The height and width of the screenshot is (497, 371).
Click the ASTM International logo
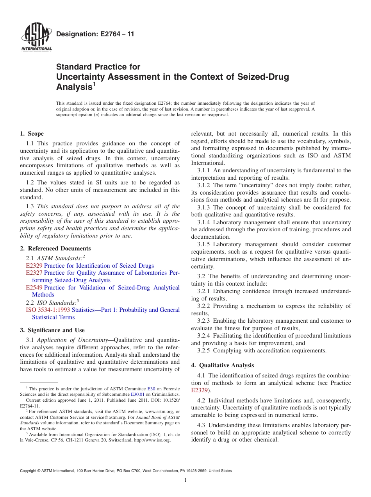pos(36,37)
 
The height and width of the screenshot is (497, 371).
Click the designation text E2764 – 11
pos(95,34)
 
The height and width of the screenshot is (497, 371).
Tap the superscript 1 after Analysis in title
pos(94,84)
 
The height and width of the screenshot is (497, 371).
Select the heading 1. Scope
pos(32,134)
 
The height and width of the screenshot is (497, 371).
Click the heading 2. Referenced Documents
pos(55,248)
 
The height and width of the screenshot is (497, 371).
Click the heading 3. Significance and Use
pos(52,330)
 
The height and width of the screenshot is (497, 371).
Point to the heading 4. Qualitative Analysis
pos(223,365)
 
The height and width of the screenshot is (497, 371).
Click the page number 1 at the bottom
pos(185,480)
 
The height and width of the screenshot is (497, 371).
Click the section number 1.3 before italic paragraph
pos(30,206)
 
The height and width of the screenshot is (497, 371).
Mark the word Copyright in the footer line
pos(29,471)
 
